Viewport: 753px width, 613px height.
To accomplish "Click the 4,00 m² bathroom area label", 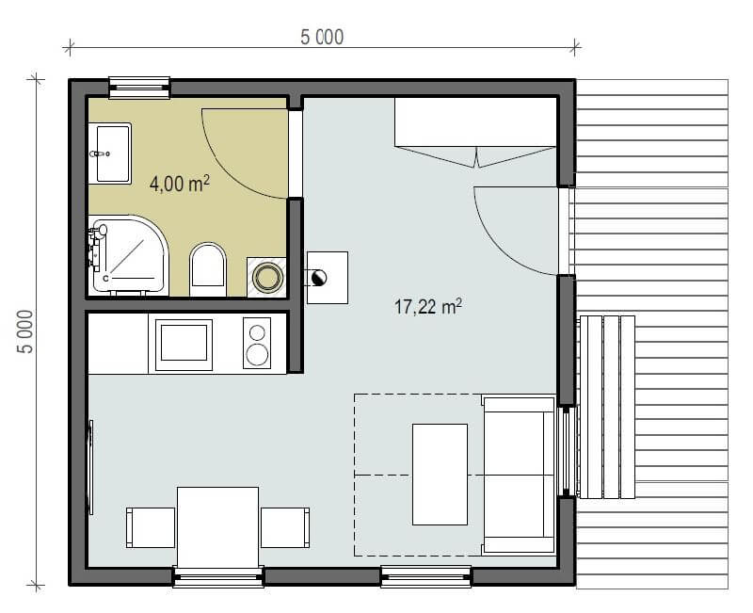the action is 180,183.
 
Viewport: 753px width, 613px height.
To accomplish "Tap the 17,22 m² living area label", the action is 428,306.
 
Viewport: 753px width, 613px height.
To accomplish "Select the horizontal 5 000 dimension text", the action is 322,37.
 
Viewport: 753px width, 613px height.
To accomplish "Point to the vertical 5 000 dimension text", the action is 25,331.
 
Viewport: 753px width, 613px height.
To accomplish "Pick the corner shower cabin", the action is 128,254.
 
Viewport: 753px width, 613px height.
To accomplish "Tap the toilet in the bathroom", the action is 208,269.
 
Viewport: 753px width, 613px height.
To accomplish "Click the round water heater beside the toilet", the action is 267,277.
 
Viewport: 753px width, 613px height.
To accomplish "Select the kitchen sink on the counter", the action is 184,343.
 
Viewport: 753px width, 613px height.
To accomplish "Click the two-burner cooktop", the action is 257,343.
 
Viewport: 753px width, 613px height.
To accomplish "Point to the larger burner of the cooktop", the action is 257,355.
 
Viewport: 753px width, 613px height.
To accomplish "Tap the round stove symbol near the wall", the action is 319,278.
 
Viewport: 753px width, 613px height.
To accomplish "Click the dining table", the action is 218,527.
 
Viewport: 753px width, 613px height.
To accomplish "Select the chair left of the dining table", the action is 151,527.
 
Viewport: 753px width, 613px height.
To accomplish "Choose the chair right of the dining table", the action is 285,527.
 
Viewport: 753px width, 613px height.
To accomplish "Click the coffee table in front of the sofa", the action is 440,475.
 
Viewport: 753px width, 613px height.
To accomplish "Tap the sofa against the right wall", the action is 519,475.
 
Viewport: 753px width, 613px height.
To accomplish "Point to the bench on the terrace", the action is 607,407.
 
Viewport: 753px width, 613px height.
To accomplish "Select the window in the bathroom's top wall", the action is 139,88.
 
